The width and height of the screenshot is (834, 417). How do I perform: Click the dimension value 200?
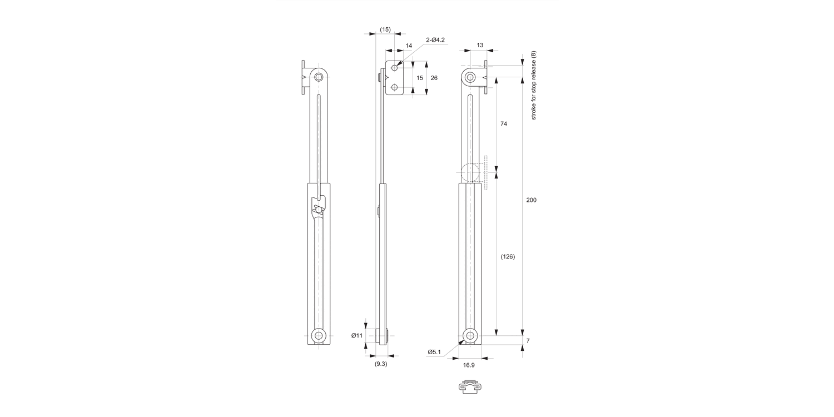coord(531,200)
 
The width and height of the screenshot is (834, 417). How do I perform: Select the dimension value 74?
coord(504,124)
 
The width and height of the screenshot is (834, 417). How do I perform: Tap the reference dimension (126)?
coord(507,257)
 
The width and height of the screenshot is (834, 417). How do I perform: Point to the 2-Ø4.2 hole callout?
coord(435,40)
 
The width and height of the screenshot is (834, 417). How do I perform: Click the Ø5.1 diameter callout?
coord(434,351)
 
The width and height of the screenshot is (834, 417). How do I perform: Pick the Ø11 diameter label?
coord(356,335)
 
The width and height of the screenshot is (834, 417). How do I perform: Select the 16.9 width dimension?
coord(469,365)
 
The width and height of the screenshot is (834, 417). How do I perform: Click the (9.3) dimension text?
coord(380,364)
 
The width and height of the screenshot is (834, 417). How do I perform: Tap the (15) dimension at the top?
coord(385,29)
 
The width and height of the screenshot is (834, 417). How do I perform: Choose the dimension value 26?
coord(434,78)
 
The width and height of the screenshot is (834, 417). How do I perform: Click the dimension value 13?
coord(480,45)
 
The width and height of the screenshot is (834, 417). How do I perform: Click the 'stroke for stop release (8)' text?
coord(533,85)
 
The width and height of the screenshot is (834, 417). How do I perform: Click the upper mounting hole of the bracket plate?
coord(395,68)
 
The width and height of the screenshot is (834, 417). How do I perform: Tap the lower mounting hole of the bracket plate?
coord(395,87)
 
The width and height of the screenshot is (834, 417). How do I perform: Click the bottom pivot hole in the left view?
coord(319,336)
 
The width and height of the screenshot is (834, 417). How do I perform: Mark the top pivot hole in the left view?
coord(319,77)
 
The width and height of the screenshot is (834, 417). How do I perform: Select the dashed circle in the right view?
coord(470,172)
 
